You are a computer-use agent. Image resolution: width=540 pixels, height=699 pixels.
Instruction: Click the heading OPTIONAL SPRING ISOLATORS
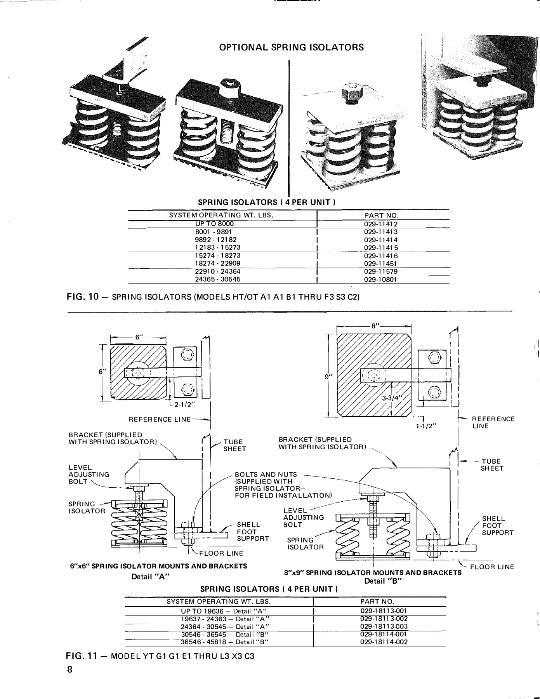click(292, 47)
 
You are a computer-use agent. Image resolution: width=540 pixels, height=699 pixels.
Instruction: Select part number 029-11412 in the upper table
click(381, 224)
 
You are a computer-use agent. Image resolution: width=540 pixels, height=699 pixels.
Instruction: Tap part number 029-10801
click(381, 280)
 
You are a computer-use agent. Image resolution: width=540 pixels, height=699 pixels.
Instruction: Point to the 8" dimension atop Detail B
click(375, 326)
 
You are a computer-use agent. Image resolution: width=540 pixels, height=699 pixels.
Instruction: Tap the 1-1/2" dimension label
click(427, 426)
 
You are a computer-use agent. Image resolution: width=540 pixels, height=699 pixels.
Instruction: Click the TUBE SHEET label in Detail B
click(491, 465)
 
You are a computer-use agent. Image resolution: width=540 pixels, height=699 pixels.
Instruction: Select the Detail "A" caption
click(151, 577)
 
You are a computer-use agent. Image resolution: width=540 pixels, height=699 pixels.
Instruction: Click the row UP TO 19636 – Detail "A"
click(220, 611)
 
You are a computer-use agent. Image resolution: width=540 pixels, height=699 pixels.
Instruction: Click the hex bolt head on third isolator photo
click(352, 94)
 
